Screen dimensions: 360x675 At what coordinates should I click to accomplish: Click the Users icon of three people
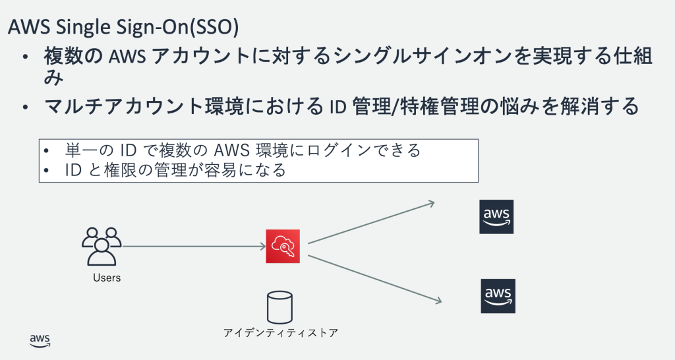tap(102, 246)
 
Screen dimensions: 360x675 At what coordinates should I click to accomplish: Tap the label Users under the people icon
tap(107, 278)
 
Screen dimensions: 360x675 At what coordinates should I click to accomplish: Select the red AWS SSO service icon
tap(283, 246)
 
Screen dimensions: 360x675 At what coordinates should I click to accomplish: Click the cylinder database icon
tap(279, 307)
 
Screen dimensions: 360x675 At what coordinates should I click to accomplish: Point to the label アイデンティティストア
tap(281, 332)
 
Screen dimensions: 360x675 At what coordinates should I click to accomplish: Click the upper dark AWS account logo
tap(496, 217)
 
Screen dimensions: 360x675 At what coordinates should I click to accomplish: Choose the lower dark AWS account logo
tap(498, 295)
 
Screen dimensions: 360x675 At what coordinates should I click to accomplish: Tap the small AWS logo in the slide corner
tap(40, 340)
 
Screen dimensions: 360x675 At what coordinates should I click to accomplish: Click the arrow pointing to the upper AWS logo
tap(371, 222)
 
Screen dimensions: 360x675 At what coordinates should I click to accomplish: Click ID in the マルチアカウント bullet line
tap(337, 105)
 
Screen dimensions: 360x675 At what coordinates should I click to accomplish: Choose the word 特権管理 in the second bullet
tap(448, 105)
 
